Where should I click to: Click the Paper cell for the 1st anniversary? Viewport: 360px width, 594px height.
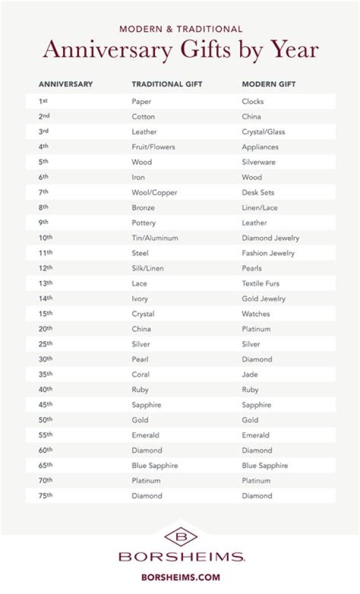point(141,101)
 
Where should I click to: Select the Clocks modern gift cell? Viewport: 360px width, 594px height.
point(252,101)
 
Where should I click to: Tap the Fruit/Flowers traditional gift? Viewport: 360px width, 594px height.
point(153,147)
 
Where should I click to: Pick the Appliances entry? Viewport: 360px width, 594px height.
point(260,147)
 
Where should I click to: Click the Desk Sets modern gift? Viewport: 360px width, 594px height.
point(258,192)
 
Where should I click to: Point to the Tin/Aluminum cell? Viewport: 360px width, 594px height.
point(154,238)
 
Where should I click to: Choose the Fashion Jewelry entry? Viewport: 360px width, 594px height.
point(268,253)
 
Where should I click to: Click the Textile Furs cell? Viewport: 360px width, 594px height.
point(260,283)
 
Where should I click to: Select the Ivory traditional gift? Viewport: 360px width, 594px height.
point(140,298)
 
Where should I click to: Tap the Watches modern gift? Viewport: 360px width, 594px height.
point(255,314)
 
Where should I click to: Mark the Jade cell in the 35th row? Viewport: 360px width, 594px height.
point(250,374)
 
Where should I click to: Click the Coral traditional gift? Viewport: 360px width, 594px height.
point(140,374)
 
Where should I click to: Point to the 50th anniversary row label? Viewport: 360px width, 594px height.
point(45,420)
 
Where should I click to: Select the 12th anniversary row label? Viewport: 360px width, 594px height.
point(45,268)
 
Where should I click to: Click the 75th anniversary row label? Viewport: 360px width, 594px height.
point(45,495)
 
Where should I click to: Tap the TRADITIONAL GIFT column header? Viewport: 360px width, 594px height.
point(167,84)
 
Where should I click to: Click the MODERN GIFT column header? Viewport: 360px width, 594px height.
point(268,84)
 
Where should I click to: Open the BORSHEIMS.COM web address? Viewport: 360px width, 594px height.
point(180,577)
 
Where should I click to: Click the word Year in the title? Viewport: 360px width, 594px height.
point(295,50)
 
